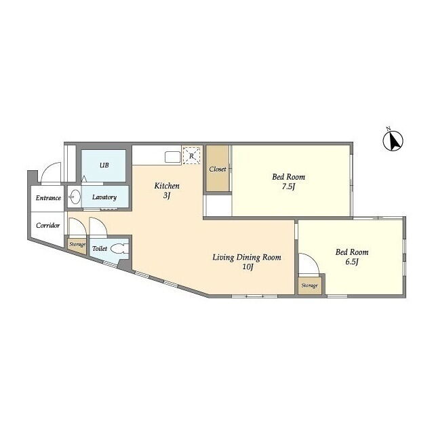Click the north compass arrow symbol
(x=393, y=141)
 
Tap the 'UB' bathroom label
(x=104, y=165)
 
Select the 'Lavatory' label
(x=104, y=197)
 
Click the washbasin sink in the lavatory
(x=75, y=197)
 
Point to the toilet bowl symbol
(x=120, y=249)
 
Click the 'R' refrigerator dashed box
(x=191, y=156)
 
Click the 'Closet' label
(x=218, y=169)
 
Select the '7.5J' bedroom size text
(x=288, y=186)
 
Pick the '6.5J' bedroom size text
(x=352, y=262)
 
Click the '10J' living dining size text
(x=247, y=267)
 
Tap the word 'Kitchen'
(x=167, y=186)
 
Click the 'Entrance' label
(x=48, y=198)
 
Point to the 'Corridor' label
(x=48, y=226)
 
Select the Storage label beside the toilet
(x=77, y=245)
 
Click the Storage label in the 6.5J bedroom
(x=309, y=285)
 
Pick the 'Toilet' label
(x=100, y=249)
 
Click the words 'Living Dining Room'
(x=247, y=258)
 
